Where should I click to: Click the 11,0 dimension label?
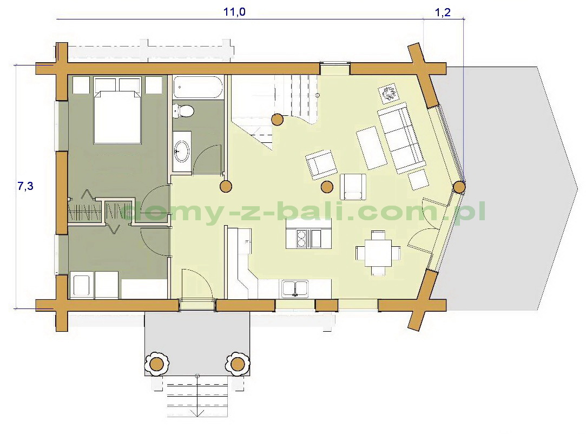234,12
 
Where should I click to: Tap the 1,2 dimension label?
443,12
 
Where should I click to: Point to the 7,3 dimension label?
25,186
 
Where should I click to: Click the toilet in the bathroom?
183,110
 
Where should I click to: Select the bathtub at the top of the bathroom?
198,87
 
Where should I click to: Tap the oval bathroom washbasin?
182,151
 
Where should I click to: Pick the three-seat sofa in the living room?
401,138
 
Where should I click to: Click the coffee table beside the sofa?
372,148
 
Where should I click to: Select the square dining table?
378,253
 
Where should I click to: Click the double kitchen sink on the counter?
295,288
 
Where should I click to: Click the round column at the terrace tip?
459,187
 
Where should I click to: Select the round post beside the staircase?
277,120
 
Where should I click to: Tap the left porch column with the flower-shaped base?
156,363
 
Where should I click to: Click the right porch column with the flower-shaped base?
238,363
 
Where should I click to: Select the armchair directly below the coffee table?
353,187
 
